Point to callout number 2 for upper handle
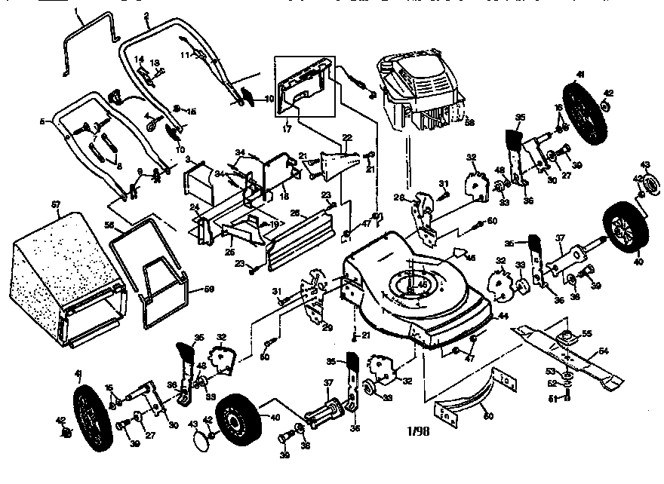[x=146, y=16]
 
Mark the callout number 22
[x=347, y=138]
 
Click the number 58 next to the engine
[x=469, y=121]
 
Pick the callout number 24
[x=193, y=206]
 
